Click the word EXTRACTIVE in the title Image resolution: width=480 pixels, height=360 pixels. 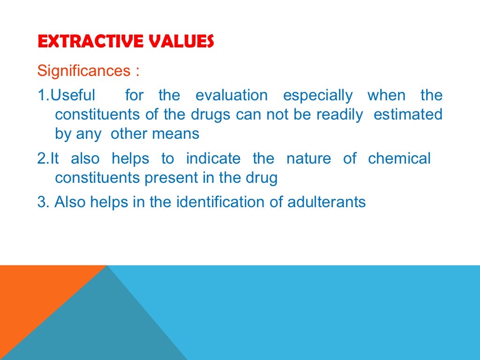pyautogui.click(x=82, y=42)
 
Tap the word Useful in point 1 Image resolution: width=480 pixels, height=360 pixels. pyautogui.click(x=73, y=95)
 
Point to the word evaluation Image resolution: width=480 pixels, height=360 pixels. pyautogui.click(x=232, y=95)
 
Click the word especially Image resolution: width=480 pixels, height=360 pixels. pyautogui.click(x=318, y=95)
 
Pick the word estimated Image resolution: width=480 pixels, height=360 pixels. pyautogui.click(x=408, y=114)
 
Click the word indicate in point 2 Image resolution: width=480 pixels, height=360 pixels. pyautogui.click(x=213, y=158)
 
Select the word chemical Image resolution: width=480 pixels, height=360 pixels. pyautogui.click(x=399, y=158)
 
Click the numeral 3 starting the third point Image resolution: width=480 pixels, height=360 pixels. pyautogui.click(x=40, y=202)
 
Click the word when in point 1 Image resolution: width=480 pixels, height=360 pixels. pyautogui.click(x=387, y=95)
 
